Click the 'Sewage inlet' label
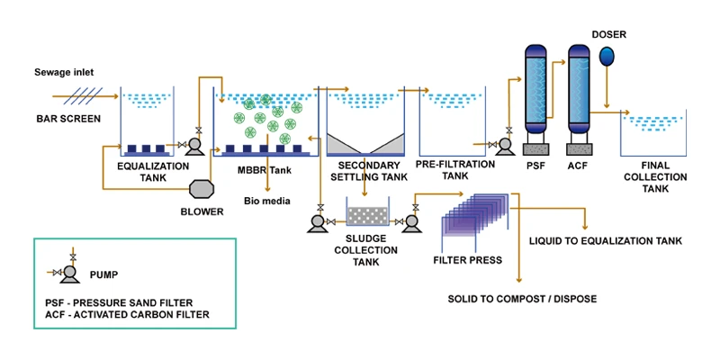coord(64,72)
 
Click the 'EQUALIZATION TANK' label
coord(154,171)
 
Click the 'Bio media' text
coord(267,201)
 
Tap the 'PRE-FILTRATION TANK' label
coord(454,171)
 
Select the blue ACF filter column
coord(578,90)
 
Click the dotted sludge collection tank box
coord(366,217)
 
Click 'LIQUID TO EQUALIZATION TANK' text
coord(605,241)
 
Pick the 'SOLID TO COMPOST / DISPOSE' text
coord(522,298)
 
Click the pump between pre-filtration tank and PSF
coord(504,143)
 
